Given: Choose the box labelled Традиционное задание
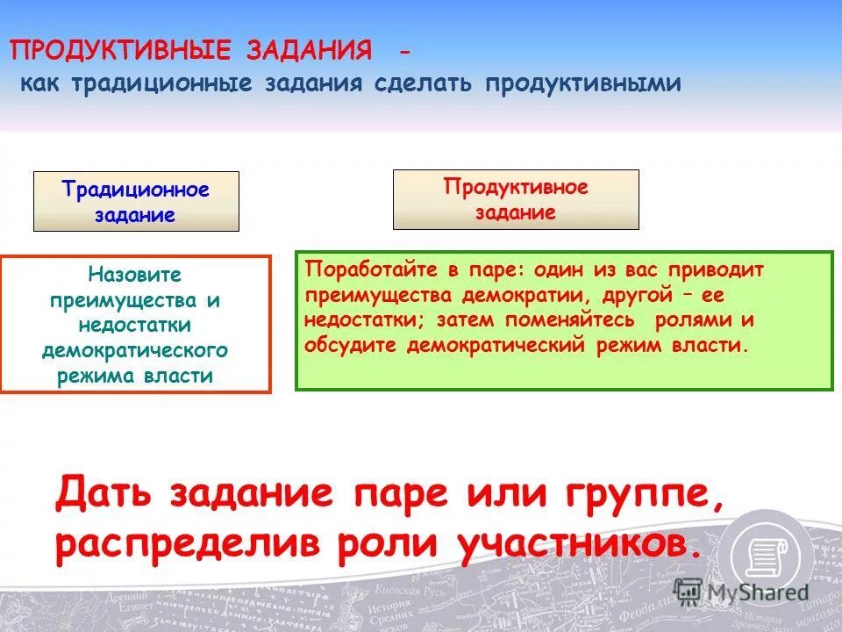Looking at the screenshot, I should tap(136, 202).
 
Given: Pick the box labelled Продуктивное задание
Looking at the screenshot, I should tap(516, 200).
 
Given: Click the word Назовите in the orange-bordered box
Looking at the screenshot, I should tap(135, 275).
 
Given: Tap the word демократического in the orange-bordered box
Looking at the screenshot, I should tap(135, 350).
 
